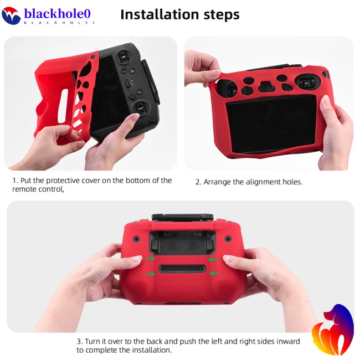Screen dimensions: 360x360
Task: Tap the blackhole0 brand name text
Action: (57, 13)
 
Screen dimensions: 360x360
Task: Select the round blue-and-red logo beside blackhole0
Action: (11, 16)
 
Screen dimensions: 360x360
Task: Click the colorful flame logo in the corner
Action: (332, 331)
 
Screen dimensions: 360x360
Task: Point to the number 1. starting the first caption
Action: (16, 181)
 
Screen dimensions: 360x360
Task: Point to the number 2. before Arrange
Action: (198, 182)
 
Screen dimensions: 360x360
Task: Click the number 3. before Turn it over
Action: (80, 342)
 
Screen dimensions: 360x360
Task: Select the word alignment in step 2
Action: (261, 182)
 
